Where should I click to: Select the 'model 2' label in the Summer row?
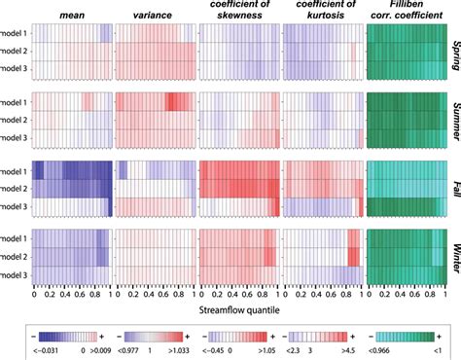click(15, 119)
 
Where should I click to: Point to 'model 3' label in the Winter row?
click(15, 276)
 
